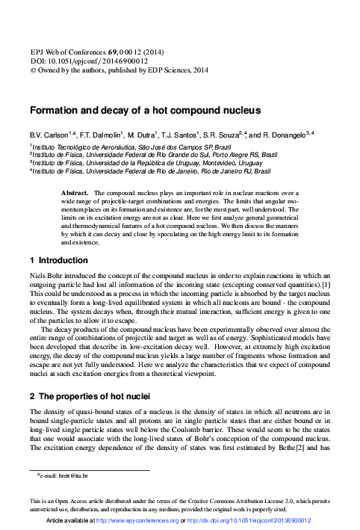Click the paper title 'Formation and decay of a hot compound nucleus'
point(145,110)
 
